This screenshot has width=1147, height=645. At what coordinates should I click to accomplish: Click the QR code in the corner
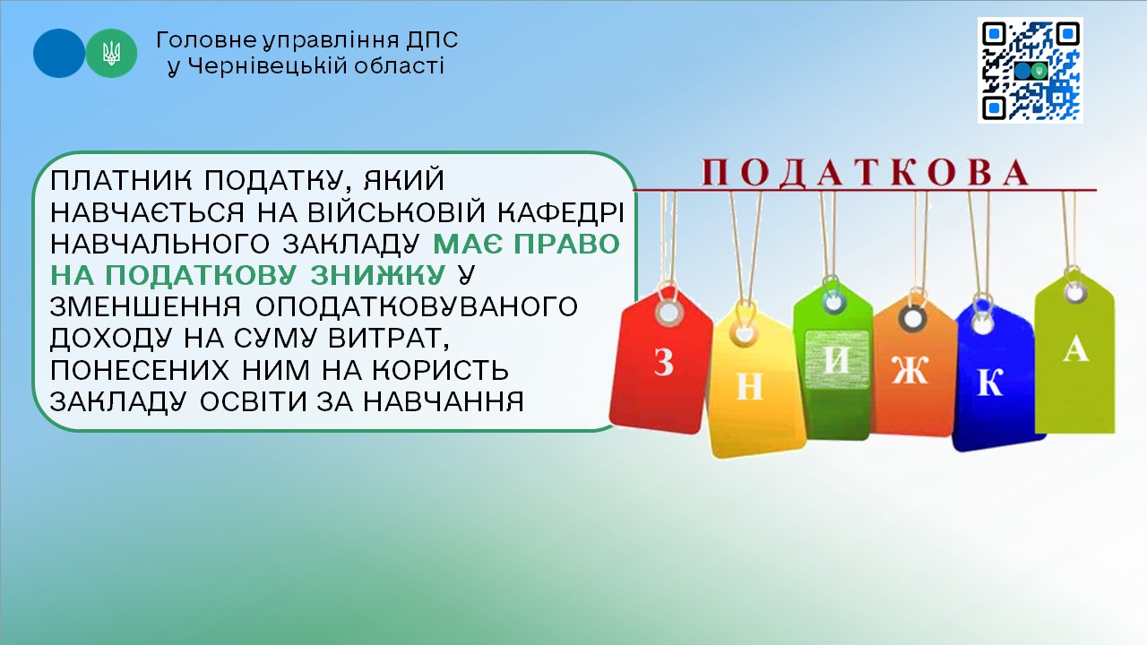(x=1030, y=70)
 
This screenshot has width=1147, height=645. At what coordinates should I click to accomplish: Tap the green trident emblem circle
(x=111, y=53)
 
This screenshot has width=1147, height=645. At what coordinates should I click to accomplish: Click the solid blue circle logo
(x=59, y=53)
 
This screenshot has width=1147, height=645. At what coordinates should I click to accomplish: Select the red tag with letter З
(x=661, y=361)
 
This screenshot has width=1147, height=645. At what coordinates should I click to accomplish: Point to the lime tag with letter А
(x=1075, y=353)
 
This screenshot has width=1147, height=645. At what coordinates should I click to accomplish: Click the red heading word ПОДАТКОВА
(x=866, y=173)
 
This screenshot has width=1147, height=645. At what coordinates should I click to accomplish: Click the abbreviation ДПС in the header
(x=433, y=40)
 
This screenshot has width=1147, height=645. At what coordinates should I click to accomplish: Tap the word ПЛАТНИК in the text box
(x=121, y=180)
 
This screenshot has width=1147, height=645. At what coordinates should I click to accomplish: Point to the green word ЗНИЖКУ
(x=378, y=275)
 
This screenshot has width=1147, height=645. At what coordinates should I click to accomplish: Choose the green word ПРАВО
(x=566, y=244)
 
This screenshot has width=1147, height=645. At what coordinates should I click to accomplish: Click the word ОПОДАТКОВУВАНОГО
(x=417, y=306)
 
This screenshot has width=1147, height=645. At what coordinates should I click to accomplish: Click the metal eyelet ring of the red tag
(x=668, y=312)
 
